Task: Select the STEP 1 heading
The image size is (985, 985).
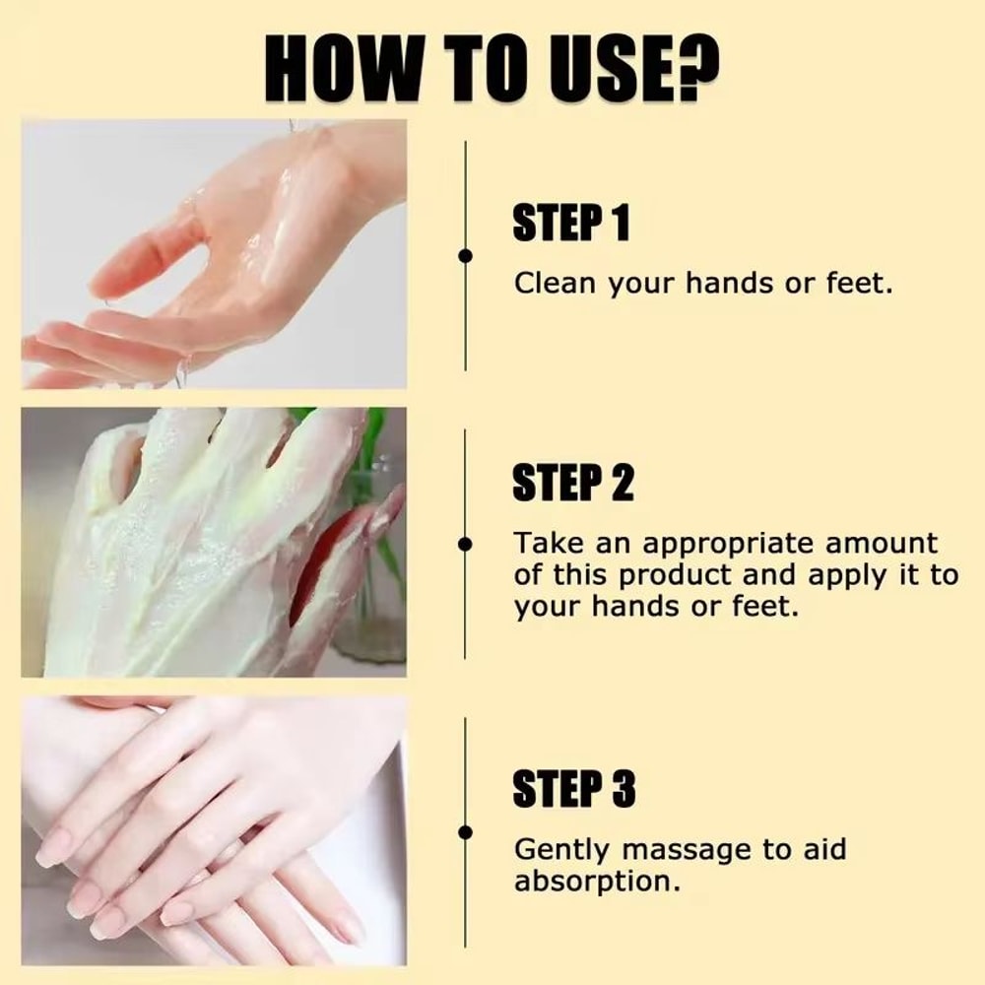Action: click(570, 224)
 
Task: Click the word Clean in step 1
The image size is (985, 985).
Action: click(556, 284)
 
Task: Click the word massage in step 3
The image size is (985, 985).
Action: click(686, 849)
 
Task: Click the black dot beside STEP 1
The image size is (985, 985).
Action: click(466, 256)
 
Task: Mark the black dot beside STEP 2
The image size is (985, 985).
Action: click(466, 542)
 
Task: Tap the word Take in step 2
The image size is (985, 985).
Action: click(547, 544)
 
